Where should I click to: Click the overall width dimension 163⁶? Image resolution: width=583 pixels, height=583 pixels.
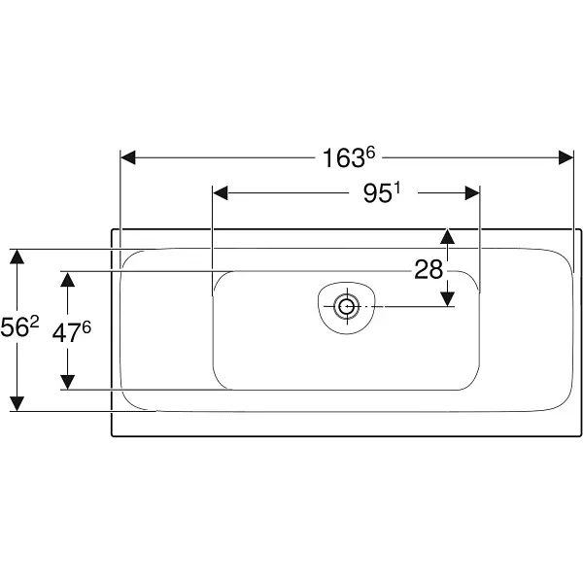click(x=349, y=157)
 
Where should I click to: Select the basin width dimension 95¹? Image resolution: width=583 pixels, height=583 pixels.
click(x=382, y=193)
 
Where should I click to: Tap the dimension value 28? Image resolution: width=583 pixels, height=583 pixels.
click(x=429, y=269)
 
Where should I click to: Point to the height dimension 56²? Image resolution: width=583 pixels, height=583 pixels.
click(x=19, y=327)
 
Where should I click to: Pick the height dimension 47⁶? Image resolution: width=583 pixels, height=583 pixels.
click(x=71, y=331)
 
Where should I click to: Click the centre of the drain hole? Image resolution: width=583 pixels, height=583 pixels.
click(x=347, y=307)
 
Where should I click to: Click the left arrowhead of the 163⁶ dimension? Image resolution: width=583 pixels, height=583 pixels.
click(x=128, y=157)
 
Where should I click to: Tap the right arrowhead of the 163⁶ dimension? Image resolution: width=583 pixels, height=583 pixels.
click(x=566, y=157)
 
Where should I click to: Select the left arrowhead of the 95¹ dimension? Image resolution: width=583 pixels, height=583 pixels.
click(x=221, y=193)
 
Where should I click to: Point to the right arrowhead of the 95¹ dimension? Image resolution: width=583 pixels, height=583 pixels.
click(x=472, y=193)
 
